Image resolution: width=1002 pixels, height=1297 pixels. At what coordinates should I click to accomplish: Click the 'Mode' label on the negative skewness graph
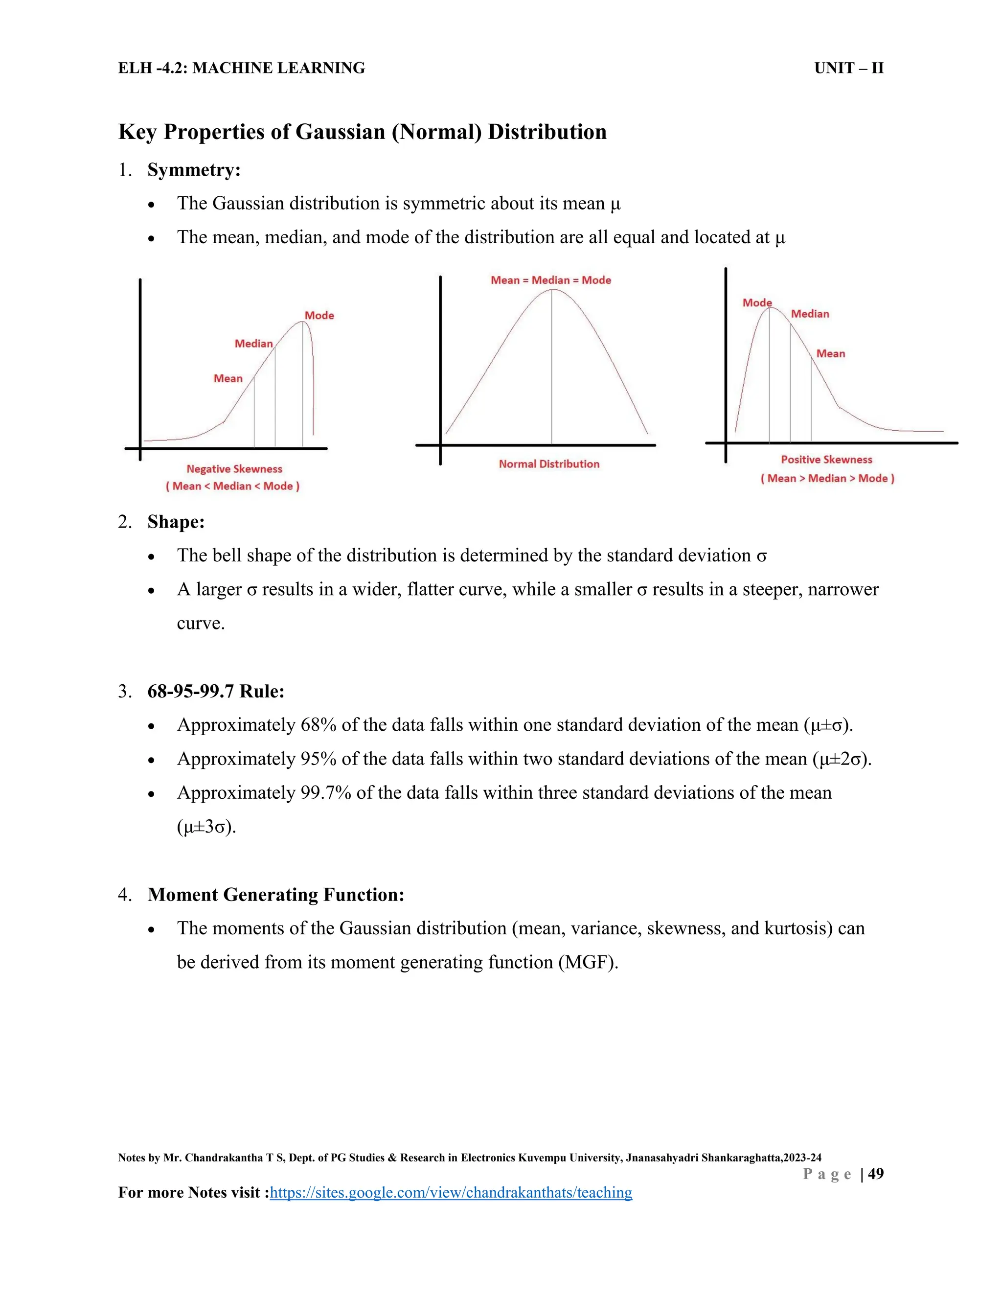319,315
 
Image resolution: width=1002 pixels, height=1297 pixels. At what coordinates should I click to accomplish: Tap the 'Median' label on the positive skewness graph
810,314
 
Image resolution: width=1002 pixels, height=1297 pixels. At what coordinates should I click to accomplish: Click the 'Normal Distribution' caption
548,464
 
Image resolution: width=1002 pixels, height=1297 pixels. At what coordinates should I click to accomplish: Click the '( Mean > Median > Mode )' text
827,478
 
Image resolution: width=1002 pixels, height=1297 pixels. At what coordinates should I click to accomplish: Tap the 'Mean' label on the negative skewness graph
228,378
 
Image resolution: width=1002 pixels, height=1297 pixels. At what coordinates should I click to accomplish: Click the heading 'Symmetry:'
194,170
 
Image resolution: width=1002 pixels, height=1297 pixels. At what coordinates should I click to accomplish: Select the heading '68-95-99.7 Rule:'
215,691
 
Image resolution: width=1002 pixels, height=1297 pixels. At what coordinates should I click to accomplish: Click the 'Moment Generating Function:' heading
275,894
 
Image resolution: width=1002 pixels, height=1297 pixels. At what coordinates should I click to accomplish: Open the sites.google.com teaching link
451,1192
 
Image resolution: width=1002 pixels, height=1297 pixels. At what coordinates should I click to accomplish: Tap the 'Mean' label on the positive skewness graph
830,353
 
